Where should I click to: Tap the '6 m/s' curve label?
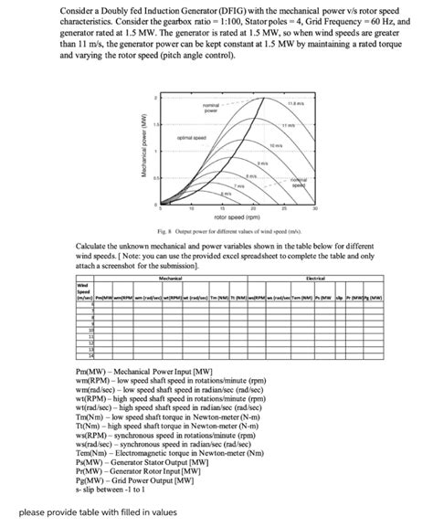(x=223, y=195)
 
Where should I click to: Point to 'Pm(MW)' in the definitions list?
(x=92, y=373)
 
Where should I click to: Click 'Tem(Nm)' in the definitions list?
(x=94, y=453)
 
